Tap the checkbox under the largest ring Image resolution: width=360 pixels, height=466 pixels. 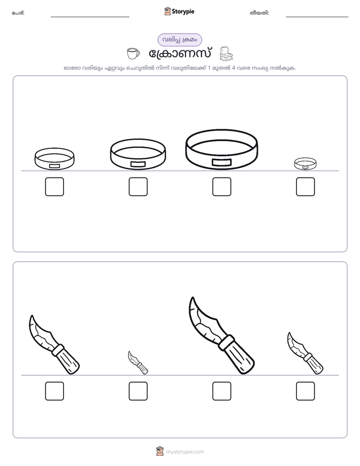tap(222, 187)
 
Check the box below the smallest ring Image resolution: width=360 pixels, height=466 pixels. tap(306, 187)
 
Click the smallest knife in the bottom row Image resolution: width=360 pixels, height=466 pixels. tap(138, 362)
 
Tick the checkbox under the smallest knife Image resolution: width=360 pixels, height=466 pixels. tap(138, 391)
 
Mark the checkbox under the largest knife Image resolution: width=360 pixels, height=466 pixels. tap(222, 391)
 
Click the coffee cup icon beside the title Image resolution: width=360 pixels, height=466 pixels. tap(133, 54)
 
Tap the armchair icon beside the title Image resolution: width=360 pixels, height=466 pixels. tap(226, 54)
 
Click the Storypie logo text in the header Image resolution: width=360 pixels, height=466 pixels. tap(183, 12)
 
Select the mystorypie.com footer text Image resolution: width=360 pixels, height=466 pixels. tap(185, 452)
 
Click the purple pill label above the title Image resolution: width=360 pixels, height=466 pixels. tap(179, 40)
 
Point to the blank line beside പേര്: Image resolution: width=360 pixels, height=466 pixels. tap(90, 17)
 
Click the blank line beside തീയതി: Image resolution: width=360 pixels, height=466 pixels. tap(317, 17)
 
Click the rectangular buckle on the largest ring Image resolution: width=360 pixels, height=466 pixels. tap(221, 162)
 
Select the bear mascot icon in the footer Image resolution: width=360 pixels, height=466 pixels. tap(160, 451)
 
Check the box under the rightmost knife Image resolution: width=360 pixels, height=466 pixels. tap(306, 391)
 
